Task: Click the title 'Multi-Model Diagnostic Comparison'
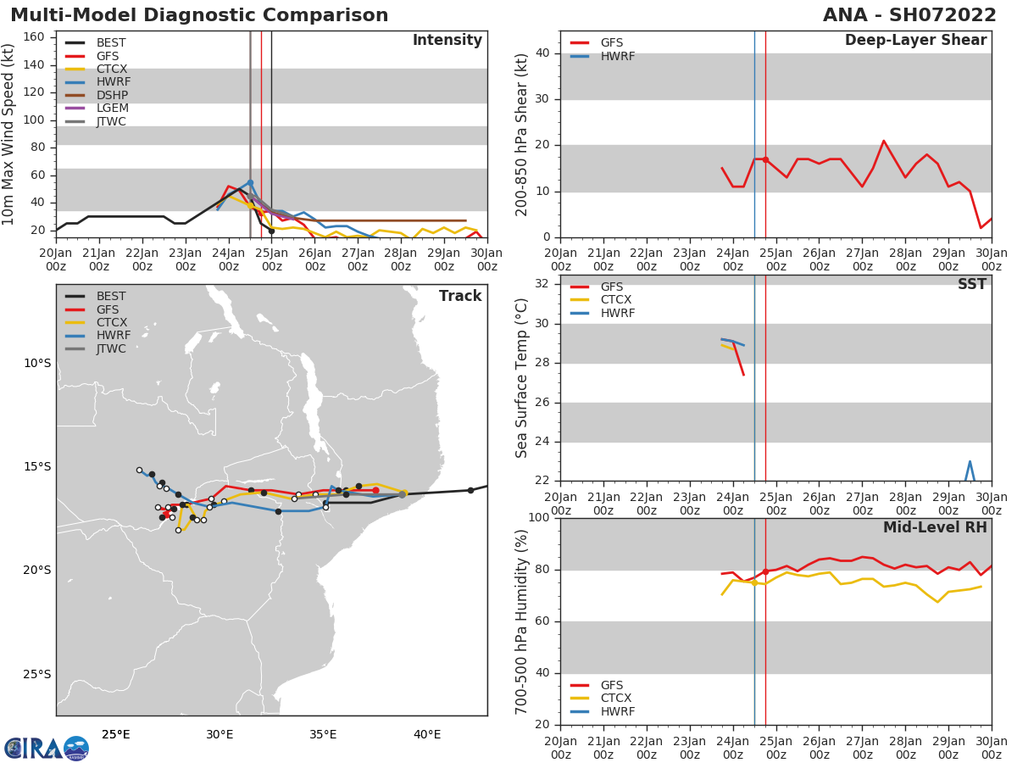(x=199, y=15)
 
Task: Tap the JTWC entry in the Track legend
(x=111, y=349)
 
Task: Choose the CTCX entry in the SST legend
(x=616, y=300)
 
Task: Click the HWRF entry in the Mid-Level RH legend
(x=617, y=711)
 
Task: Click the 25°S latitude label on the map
(x=36, y=674)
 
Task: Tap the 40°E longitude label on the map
(x=427, y=734)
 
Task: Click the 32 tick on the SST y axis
(x=541, y=284)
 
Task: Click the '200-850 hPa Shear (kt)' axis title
(x=522, y=134)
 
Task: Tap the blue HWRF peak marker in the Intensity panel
(x=250, y=182)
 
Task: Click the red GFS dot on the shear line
(x=765, y=159)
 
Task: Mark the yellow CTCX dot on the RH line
(x=754, y=582)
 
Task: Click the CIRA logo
(x=47, y=748)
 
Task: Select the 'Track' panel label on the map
(x=460, y=296)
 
